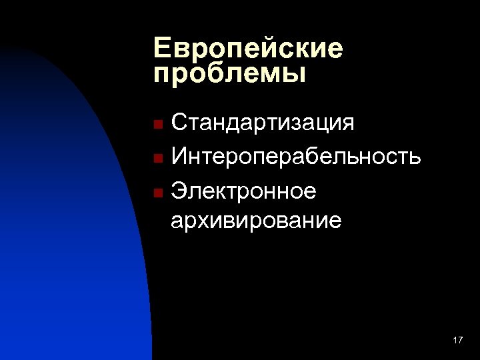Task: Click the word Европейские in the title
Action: [x=247, y=49]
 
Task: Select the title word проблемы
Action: [x=229, y=73]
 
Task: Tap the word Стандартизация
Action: [x=263, y=124]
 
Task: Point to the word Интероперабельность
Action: [x=296, y=157]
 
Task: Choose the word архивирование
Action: [x=257, y=220]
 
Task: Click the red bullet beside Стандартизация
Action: [x=157, y=125]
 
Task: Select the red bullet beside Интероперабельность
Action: [x=157, y=159]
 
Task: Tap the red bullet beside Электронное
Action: [x=157, y=193]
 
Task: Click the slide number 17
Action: [x=457, y=341]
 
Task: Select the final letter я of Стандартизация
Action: [x=347, y=125]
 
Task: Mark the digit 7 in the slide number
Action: [x=460, y=341]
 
